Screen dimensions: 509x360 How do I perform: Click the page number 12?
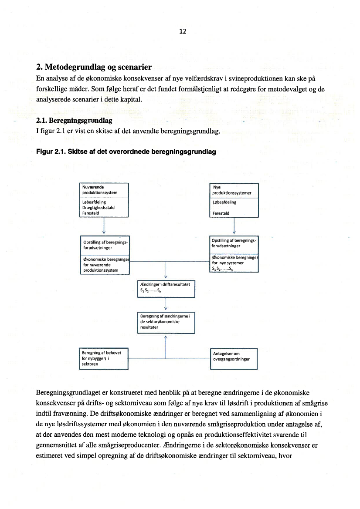click(x=183, y=31)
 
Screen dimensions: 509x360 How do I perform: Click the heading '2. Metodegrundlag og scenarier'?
click(x=94, y=67)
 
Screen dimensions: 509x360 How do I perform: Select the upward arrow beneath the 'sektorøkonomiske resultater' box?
click(x=166, y=340)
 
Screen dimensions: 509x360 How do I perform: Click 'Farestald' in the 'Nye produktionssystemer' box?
click(x=221, y=213)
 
